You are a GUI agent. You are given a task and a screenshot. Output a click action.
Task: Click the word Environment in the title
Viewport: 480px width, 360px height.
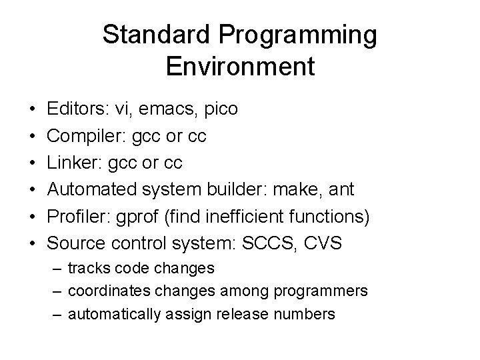pyautogui.click(x=239, y=67)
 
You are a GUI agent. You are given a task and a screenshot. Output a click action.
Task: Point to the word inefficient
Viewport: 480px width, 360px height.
pyautogui.click(x=252, y=217)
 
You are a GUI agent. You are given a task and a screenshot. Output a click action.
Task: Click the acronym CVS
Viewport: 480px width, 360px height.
pyautogui.click(x=321, y=243)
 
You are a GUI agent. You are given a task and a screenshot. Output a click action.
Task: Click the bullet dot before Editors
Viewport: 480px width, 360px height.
pyautogui.click(x=32, y=109)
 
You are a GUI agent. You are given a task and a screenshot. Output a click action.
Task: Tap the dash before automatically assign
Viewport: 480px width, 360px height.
pyautogui.click(x=57, y=314)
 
